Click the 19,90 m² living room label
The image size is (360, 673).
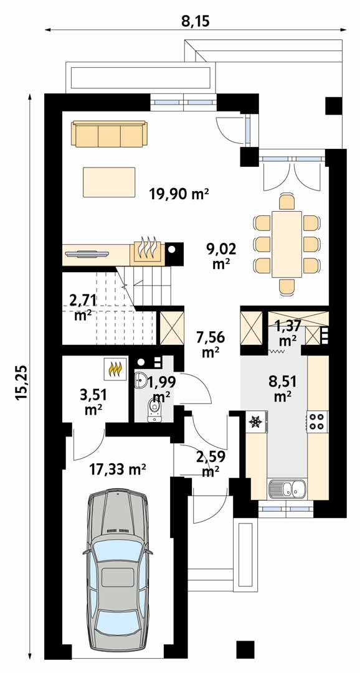tap(179, 194)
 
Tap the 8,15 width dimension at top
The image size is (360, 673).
tap(195, 21)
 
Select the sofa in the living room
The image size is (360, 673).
tap(110, 133)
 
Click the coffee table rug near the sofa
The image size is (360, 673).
tap(109, 181)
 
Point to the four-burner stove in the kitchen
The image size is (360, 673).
tap(316, 421)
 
